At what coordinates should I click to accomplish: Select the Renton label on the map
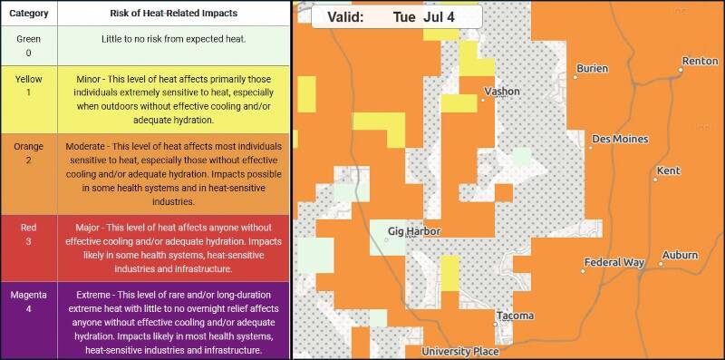(x=700, y=61)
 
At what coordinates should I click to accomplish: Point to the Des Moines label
(x=619, y=140)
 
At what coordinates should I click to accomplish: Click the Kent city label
(x=668, y=170)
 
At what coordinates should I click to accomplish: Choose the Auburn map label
(x=680, y=256)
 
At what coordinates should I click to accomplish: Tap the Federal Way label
(x=614, y=263)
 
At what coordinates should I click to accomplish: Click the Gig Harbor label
(x=413, y=231)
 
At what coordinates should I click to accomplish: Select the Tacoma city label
(x=515, y=316)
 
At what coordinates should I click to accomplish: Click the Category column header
(x=29, y=13)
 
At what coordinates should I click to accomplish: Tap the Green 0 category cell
(x=29, y=45)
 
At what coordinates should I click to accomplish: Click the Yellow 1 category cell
(x=29, y=86)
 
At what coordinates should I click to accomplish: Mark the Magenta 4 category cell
(x=29, y=303)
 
